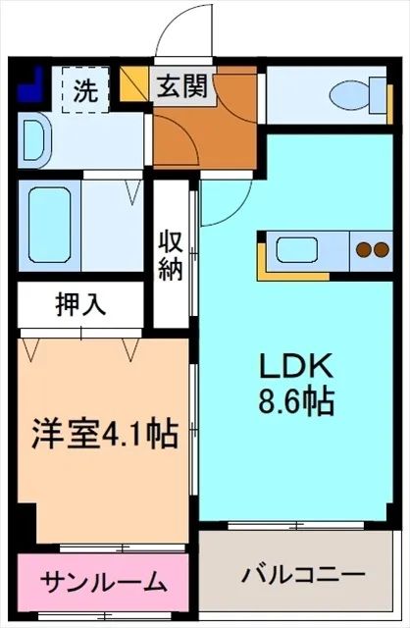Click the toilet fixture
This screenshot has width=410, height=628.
pos(350,94)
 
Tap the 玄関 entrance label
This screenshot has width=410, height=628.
pos(183,88)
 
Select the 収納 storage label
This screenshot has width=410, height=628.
pos(172,253)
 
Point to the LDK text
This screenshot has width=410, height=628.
pos(295,368)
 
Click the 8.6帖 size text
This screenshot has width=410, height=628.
pos(295,400)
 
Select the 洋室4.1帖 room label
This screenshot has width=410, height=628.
pos(106,434)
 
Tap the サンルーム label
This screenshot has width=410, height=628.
pos(103,583)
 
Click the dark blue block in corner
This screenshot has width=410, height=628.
pos(31,84)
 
